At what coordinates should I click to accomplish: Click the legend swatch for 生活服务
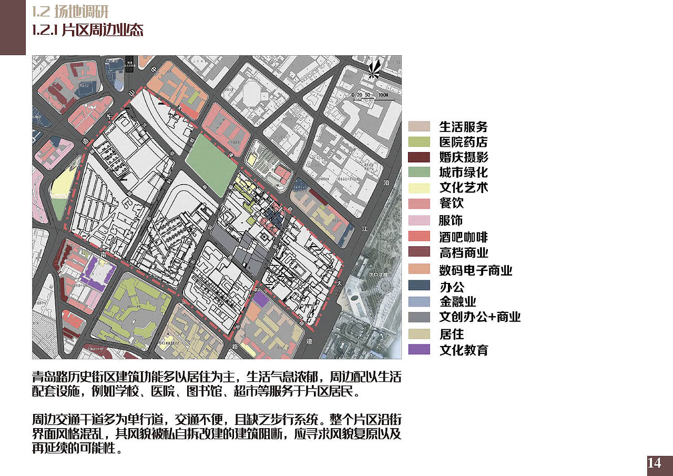tap(419, 126)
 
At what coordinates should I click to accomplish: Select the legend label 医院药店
tap(463, 142)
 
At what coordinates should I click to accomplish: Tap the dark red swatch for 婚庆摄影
tap(419, 157)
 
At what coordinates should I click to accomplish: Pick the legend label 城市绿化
tap(463, 172)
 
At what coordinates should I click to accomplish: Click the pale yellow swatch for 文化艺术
tap(419, 188)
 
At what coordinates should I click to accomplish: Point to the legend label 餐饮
tap(451, 203)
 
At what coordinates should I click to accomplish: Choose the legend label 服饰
tap(451, 220)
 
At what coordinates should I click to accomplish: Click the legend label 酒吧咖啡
tap(463, 237)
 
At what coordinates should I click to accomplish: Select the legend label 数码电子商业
tap(475, 270)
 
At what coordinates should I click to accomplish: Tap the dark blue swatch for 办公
tap(419, 286)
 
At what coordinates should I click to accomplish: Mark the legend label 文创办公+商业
tap(480, 317)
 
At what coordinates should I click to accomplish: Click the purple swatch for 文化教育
tap(419, 349)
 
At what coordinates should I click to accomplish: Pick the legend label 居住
tap(451, 334)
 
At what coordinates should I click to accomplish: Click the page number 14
tap(654, 463)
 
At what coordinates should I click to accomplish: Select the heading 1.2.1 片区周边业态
tap(88, 30)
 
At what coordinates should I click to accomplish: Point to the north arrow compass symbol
tap(375, 70)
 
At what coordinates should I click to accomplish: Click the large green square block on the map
tap(211, 157)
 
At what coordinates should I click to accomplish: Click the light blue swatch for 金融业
tap(419, 301)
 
